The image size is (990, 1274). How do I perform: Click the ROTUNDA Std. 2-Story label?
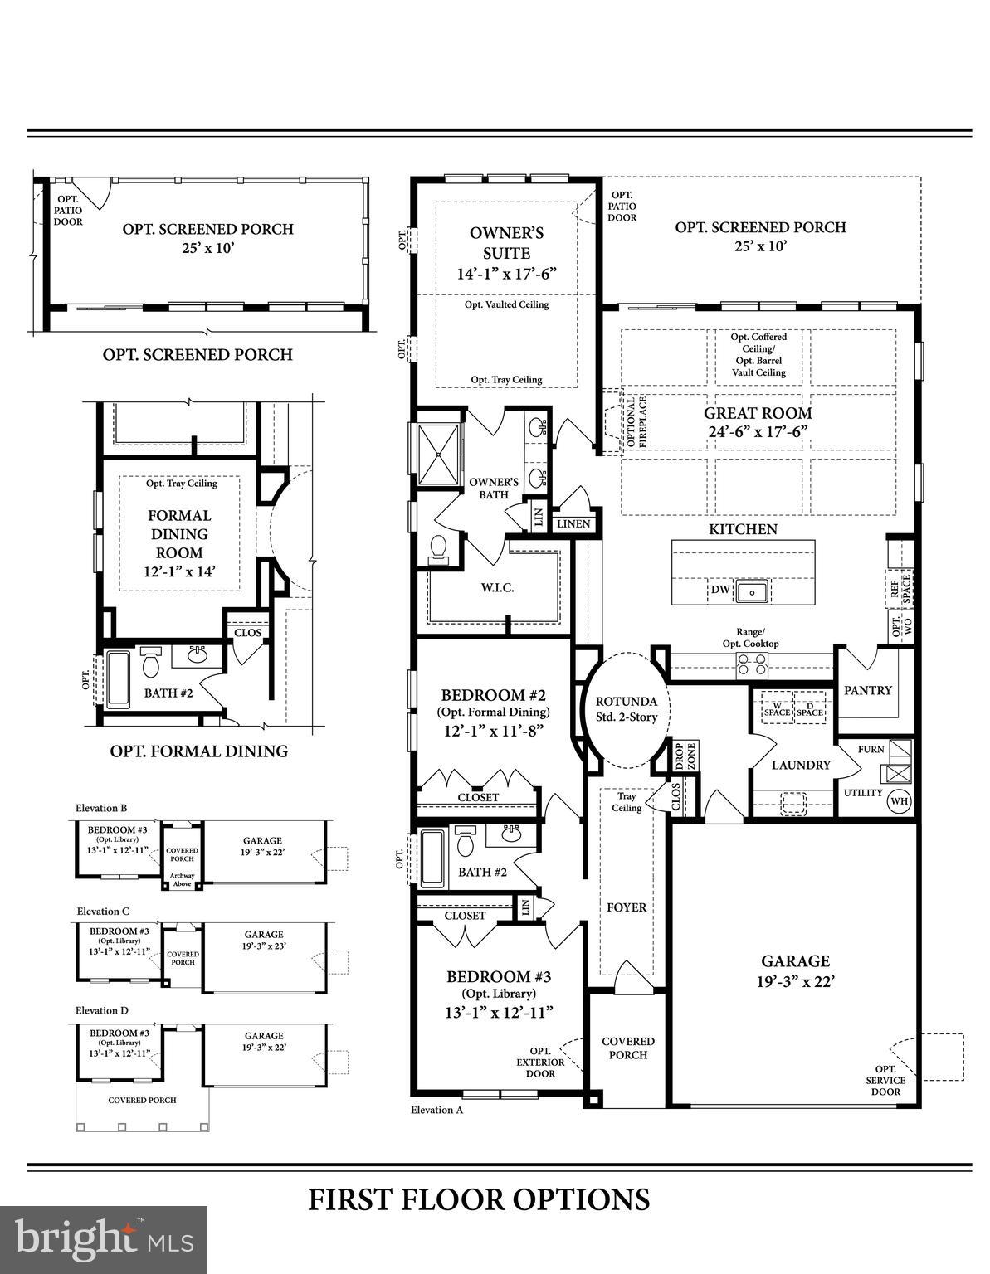pos(627,709)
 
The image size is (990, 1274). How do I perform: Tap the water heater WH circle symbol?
pos(898,801)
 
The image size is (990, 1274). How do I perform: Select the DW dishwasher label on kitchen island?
pos(720,590)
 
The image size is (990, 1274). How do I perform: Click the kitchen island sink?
pos(753,591)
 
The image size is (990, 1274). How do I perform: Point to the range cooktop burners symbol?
pos(752,663)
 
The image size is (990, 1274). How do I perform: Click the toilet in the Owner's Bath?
pos(437,549)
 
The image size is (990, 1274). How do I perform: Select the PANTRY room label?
pos(867,690)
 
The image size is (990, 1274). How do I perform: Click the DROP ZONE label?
pos(685,756)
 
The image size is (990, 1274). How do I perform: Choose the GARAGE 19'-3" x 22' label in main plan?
pos(795,970)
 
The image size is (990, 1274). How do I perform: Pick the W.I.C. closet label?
pos(497,588)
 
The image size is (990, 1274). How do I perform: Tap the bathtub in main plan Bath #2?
pos(432,858)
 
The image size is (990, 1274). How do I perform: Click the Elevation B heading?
pos(101,808)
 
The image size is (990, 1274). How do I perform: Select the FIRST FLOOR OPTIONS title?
pos(479,1199)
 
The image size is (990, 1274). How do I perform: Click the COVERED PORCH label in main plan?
pos(627,1048)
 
